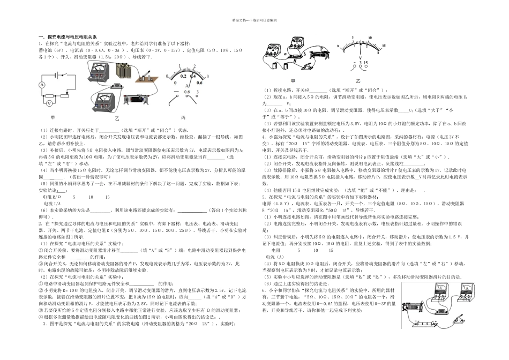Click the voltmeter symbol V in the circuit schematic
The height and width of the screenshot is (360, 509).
pyautogui.click(x=48, y=102)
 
